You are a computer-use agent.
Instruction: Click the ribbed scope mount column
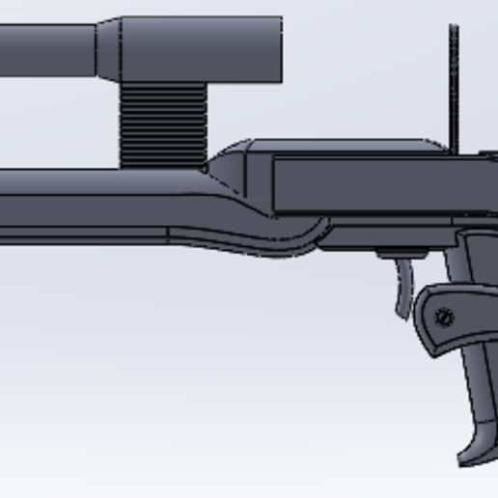coord(162,123)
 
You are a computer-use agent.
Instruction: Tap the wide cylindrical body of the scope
coord(203,48)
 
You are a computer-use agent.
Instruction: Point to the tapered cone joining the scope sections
coord(108,48)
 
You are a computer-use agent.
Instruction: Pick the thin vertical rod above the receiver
coord(453,87)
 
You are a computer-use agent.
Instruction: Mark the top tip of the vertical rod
coord(453,28)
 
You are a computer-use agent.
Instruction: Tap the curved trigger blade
coord(404,290)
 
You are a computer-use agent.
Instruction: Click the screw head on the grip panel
coord(444,317)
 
